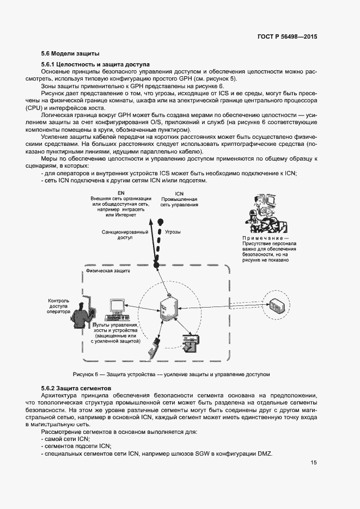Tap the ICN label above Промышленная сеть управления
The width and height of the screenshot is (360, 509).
179,194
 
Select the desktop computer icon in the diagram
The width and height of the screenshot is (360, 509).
117,309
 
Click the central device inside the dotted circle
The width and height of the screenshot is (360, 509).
168,311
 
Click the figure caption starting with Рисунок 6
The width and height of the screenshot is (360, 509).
172,375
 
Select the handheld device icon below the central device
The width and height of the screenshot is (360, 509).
156,347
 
